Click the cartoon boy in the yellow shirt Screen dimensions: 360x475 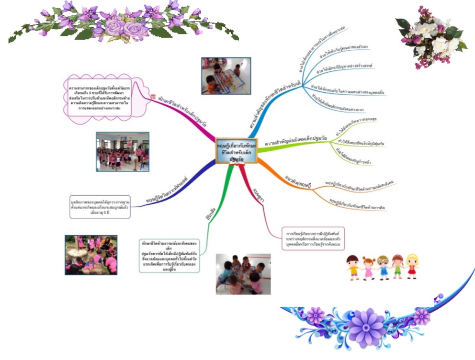(353, 268)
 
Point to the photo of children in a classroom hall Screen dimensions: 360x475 (122, 152)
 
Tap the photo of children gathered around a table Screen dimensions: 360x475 (243, 274)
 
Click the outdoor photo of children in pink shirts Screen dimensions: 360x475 (91, 255)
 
